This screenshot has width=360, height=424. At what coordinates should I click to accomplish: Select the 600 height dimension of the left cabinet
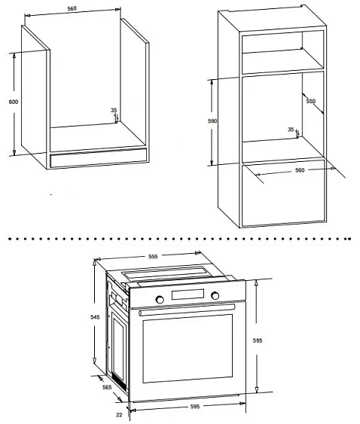click(x=12, y=102)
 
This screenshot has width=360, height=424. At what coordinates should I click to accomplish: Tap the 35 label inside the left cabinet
click(x=114, y=111)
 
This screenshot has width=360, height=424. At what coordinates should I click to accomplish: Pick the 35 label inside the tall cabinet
click(x=291, y=129)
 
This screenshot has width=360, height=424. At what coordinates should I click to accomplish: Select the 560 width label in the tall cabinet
click(x=299, y=170)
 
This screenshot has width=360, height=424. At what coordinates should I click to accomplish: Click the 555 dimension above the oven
click(x=152, y=257)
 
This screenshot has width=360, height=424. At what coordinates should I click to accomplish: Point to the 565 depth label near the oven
click(x=106, y=386)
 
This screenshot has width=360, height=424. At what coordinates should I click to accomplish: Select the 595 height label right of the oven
click(x=258, y=340)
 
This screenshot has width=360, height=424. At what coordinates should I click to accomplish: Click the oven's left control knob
click(x=160, y=299)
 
